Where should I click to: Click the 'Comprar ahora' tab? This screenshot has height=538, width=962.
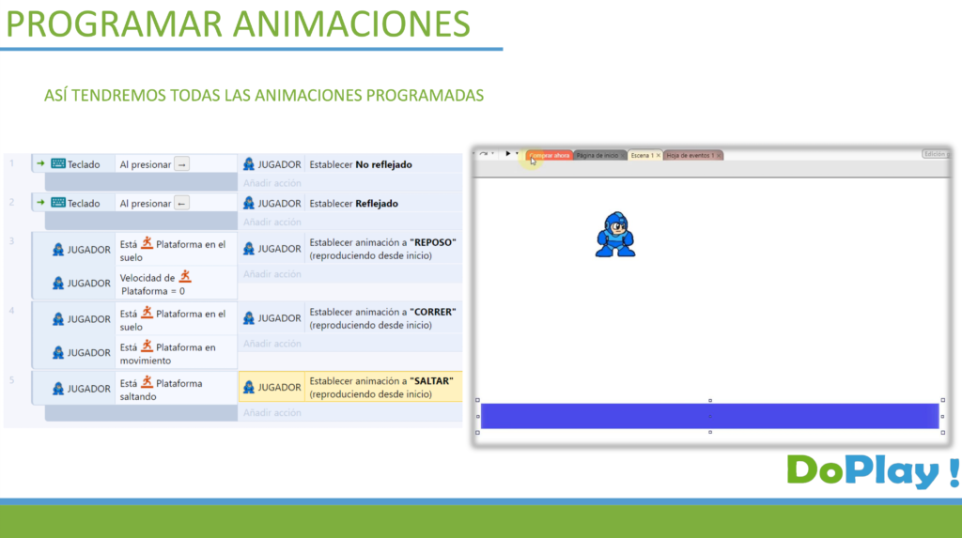pyautogui.click(x=550, y=155)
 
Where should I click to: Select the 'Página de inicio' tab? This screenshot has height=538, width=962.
pyautogui.click(x=598, y=155)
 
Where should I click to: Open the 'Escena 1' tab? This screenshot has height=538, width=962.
pyautogui.click(x=644, y=155)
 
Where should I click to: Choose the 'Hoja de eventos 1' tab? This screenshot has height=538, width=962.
pyautogui.click(x=691, y=155)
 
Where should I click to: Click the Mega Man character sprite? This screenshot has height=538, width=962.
pyautogui.click(x=615, y=235)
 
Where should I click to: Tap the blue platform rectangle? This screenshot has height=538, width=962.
pyautogui.click(x=709, y=416)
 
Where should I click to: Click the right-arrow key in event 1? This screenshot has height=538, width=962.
pyautogui.click(x=182, y=164)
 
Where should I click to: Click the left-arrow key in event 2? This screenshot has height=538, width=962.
pyautogui.click(x=182, y=204)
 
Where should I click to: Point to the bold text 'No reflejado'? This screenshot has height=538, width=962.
pyautogui.click(x=383, y=164)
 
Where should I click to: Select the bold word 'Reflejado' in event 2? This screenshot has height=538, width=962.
pyautogui.click(x=377, y=203)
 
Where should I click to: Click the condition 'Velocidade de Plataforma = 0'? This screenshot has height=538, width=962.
pyautogui.click(x=156, y=284)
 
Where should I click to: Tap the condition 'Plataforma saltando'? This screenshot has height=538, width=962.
pyautogui.click(x=161, y=389)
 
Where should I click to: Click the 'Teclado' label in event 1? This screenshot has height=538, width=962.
pyautogui.click(x=84, y=164)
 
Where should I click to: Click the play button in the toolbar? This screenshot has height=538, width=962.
pyautogui.click(x=507, y=153)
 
